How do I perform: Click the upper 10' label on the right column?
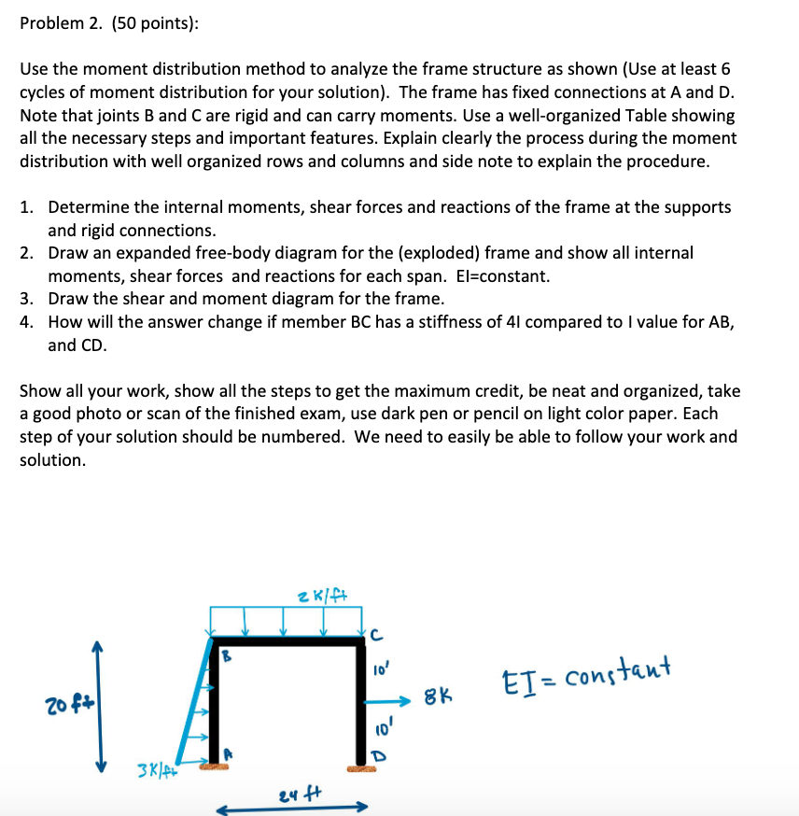pyautogui.click(x=380, y=669)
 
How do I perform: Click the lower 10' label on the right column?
pyautogui.click(x=380, y=725)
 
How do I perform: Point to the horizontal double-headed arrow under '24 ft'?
pyautogui.click(x=292, y=809)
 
